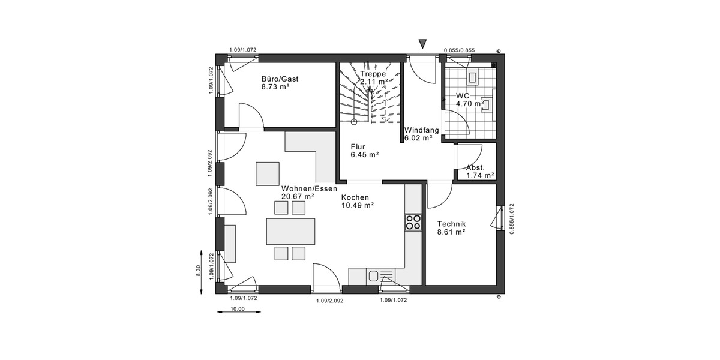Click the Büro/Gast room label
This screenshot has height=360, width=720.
pyautogui.click(x=280, y=79)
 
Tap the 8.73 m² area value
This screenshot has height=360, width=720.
pyautogui.click(x=275, y=87)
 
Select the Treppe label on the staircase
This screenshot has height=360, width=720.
pyautogui.click(x=373, y=74)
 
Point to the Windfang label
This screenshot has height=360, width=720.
pyautogui.click(x=422, y=130)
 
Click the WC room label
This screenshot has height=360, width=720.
pyautogui.click(x=463, y=95)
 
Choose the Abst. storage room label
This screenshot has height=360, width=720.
pyautogui.click(x=476, y=167)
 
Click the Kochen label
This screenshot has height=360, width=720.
pyautogui.click(x=355, y=197)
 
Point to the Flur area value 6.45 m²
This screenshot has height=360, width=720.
pyautogui.click(x=365, y=154)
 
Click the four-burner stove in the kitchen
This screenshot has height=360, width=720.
pyautogui.click(x=413, y=223)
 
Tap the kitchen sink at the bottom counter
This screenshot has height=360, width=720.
pyautogui.click(x=374, y=276)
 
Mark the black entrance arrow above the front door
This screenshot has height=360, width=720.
pyautogui.click(x=422, y=43)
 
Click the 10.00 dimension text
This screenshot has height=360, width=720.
pyautogui.click(x=238, y=310)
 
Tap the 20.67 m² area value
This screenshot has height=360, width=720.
pyautogui.click(x=298, y=196)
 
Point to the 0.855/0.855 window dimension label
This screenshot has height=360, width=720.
pyautogui.click(x=459, y=50)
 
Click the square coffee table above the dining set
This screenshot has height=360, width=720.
pyautogui.click(x=268, y=173)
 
